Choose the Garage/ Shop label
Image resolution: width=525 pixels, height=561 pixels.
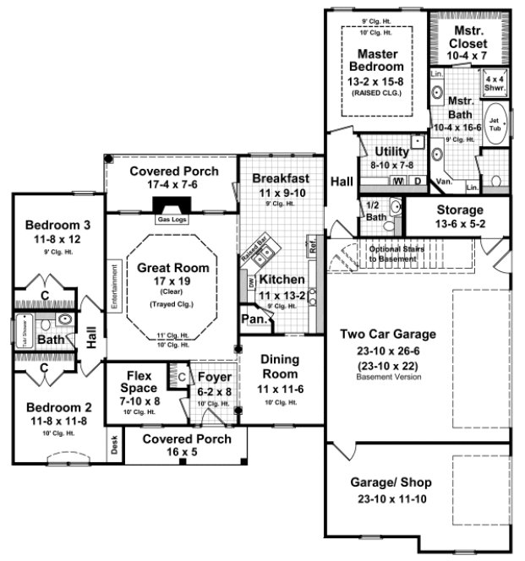click(391, 483)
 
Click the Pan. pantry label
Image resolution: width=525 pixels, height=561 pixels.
click(253, 319)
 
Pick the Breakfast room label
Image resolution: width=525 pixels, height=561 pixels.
click(281, 178)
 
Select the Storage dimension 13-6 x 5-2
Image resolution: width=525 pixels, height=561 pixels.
click(460, 224)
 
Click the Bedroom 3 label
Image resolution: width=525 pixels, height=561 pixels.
click(57, 225)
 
